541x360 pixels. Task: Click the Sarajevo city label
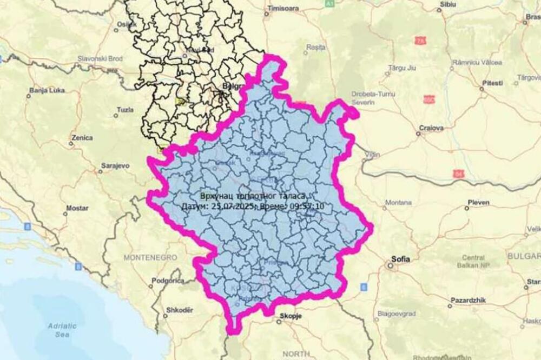coord(115,165)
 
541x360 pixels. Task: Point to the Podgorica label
coord(168,281)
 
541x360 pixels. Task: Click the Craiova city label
coord(431,128)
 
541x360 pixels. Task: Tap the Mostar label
coord(77,208)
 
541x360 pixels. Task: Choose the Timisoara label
coord(284,9)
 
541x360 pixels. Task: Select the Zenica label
coord(81,137)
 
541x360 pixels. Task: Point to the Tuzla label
coord(125,110)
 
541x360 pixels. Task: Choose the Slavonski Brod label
coord(100,58)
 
